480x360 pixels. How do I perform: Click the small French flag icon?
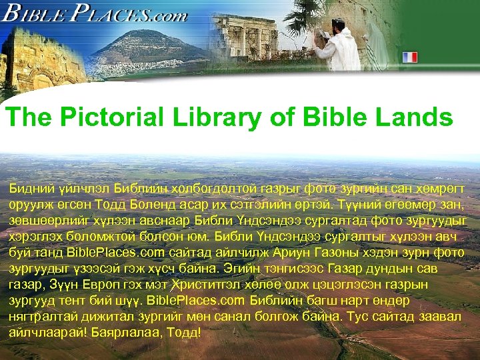tap(408, 57)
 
